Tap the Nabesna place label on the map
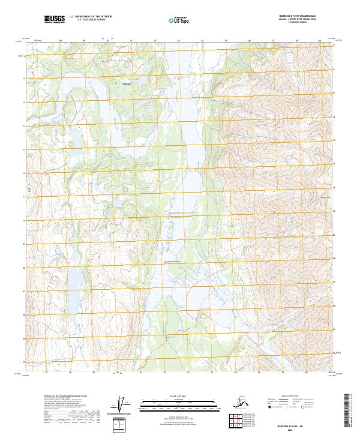[x=126, y=83]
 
